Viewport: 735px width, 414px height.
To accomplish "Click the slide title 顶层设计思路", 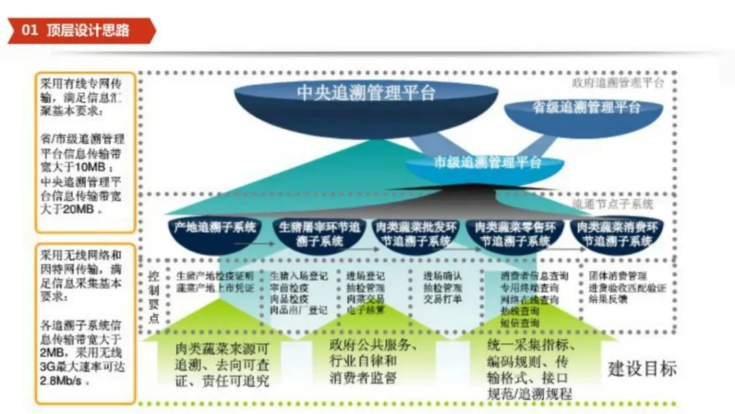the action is pos(88,31).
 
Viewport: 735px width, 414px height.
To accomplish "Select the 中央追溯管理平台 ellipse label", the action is pos(365,92).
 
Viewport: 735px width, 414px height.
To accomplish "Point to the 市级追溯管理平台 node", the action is pos(487,163).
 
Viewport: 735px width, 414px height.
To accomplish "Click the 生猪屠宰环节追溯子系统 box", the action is pos(318,234).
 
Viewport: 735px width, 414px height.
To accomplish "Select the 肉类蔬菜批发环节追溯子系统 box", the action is pos(416,234).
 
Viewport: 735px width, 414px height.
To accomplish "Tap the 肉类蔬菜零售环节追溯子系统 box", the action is pos(515,234).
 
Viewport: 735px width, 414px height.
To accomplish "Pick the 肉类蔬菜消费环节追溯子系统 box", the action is pos(617,234).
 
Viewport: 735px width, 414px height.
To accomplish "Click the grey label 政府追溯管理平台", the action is pos(617,83).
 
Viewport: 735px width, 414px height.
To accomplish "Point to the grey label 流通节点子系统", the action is pos(612,204).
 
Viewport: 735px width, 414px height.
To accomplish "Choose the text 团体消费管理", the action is pos(618,276).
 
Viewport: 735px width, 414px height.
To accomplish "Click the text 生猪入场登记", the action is pos(299,276).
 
